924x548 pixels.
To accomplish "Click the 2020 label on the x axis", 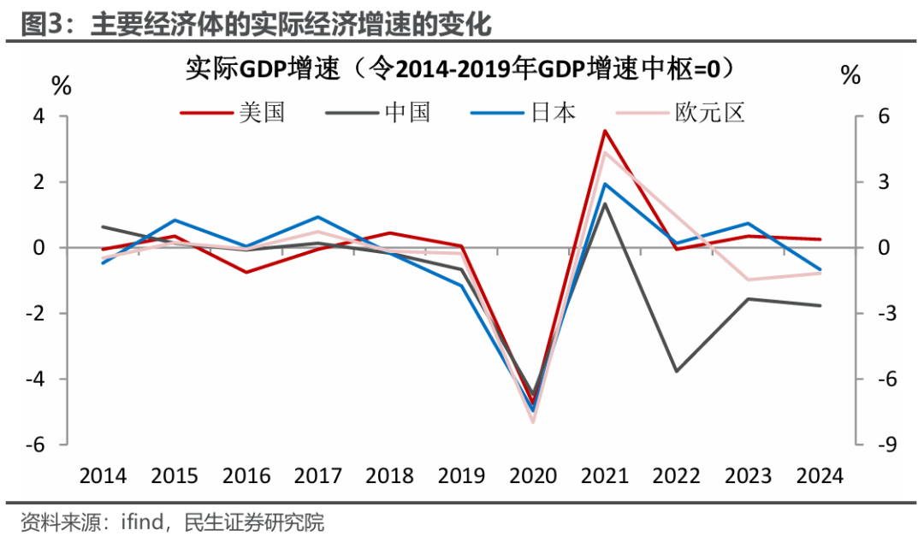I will pyautogui.click(x=533, y=476).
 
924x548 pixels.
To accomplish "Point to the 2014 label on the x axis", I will pyautogui.click(x=103, y=476).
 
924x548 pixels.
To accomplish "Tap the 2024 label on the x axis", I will pyautogui.click(x=820, y=476).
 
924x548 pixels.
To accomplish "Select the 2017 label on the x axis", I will pyautogui.click(x=317, y=476).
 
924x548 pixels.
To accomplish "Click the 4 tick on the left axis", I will pyautogui.click(x=62, y=116).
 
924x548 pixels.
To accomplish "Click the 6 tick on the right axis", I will pyautogui.click(x=862, y=116).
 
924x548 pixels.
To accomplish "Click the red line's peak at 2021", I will pyautogui.click(x=604, y=131).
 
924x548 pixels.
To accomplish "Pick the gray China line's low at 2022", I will pyautogui.click(x=676, y=371).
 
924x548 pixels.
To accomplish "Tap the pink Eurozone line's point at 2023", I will pyautogui.click(x=748, y=280).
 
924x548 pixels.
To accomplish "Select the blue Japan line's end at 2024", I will pyautogui.click(x=820, y=269).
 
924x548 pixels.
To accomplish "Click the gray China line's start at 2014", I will pyautogui.click(x=103, y=227).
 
